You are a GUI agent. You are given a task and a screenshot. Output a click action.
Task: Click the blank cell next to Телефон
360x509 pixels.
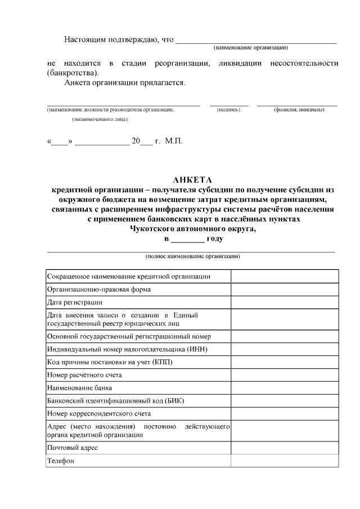[284, 461]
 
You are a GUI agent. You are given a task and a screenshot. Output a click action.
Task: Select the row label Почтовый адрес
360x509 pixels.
[73, 448]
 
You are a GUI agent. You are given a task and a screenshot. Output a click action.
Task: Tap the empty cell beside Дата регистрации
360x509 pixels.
[284, 303]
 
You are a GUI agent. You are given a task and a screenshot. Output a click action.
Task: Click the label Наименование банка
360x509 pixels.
[79, 388]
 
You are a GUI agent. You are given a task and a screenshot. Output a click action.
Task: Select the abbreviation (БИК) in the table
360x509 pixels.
[172, 401]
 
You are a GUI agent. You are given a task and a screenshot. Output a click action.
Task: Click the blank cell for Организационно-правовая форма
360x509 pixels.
[284, 290]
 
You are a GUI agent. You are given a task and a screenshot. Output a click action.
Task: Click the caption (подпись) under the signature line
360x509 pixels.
[228, 110]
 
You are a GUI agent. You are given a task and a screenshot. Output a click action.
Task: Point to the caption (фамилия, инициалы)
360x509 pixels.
[299, 110]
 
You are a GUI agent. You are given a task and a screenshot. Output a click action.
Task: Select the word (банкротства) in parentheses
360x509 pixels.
[73, 73]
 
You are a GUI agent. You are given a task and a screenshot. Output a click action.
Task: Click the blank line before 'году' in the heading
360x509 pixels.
[188, 240]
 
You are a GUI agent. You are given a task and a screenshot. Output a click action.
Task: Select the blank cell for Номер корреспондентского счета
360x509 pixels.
[284, 414]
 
